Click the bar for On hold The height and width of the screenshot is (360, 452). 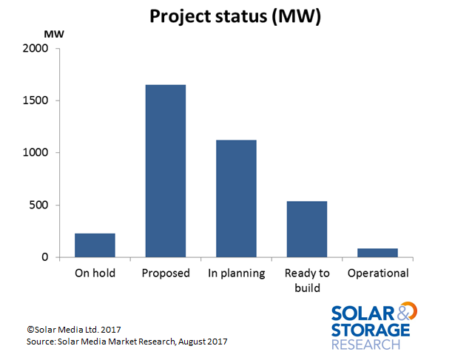[95, 245]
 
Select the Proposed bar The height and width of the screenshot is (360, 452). [166, 171]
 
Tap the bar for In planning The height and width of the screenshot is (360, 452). [236, 198]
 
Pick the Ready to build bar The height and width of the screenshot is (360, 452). [307, 229]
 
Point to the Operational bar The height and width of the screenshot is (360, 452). [377, 253]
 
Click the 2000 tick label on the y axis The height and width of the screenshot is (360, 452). [36, 48]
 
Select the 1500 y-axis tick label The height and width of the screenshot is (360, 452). [36, 101]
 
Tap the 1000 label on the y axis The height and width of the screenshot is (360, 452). [36, 152]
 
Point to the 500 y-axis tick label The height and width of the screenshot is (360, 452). [38, 205]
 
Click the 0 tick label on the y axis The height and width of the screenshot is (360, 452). [44, 257]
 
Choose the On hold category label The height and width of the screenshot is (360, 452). [95, 273]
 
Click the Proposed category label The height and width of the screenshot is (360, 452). [166, 274]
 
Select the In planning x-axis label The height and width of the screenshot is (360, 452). [237, 274]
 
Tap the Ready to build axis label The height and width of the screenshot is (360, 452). [307, 280]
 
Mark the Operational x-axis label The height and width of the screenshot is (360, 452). [378, 274]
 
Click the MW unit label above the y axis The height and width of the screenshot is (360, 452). [54, 34]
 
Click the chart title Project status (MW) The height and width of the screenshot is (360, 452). [235, 16]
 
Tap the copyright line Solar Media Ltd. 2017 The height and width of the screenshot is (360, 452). [74, 330]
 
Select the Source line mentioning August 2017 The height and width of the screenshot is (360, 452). [127, 342]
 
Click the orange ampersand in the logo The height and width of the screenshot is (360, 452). [407, 311]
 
